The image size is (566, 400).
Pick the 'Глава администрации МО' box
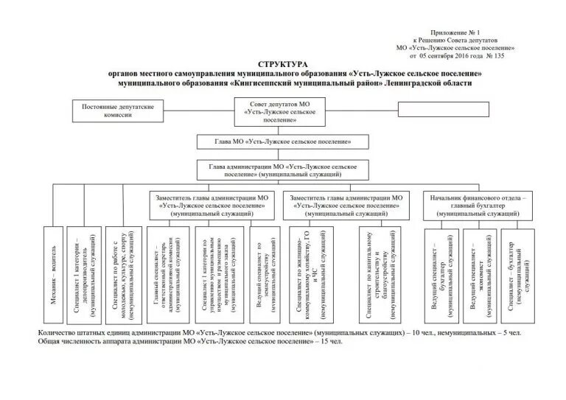coord(283,171)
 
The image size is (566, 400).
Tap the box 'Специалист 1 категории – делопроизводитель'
coord(85,273)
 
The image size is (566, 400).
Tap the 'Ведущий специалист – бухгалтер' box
coord(439,273)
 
